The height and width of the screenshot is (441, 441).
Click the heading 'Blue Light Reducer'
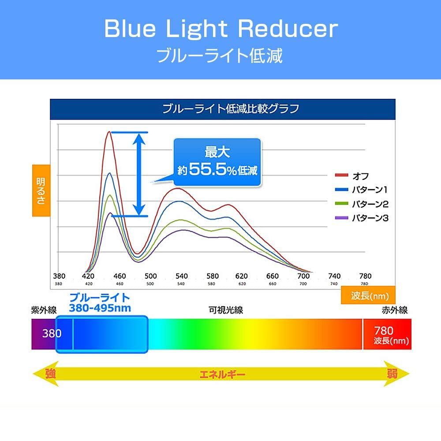(220, 29)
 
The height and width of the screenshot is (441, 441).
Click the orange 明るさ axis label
(41, 191)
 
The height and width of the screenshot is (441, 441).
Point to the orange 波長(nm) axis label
(367, 296)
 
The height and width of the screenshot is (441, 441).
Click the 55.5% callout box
(217, 163)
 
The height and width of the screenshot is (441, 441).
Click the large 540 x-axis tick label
(181, 277)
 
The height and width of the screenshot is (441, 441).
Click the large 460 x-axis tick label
(120, 277)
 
